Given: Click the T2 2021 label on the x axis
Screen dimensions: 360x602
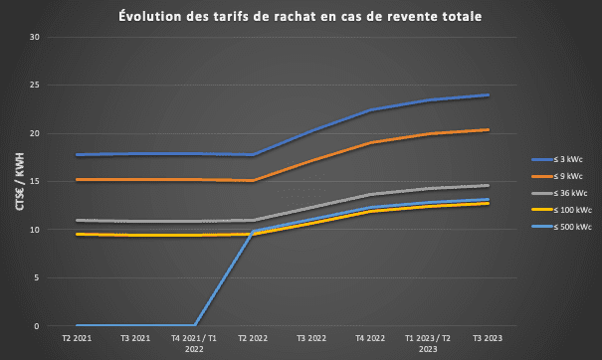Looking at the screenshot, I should pos(77,339).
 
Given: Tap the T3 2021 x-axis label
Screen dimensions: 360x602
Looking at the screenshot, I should pos(135,339).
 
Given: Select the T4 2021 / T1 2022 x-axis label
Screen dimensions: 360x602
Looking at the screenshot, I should pos(194,344).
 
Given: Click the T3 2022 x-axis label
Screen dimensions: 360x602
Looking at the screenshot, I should pos(311,339).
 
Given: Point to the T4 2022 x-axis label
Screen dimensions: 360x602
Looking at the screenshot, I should pos(370,339).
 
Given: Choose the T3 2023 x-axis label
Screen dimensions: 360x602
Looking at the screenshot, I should pos(488,339).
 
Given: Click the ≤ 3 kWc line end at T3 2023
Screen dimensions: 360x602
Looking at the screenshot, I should pos(488,95).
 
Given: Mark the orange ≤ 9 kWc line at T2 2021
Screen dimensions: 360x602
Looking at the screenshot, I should pos(77,180).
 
